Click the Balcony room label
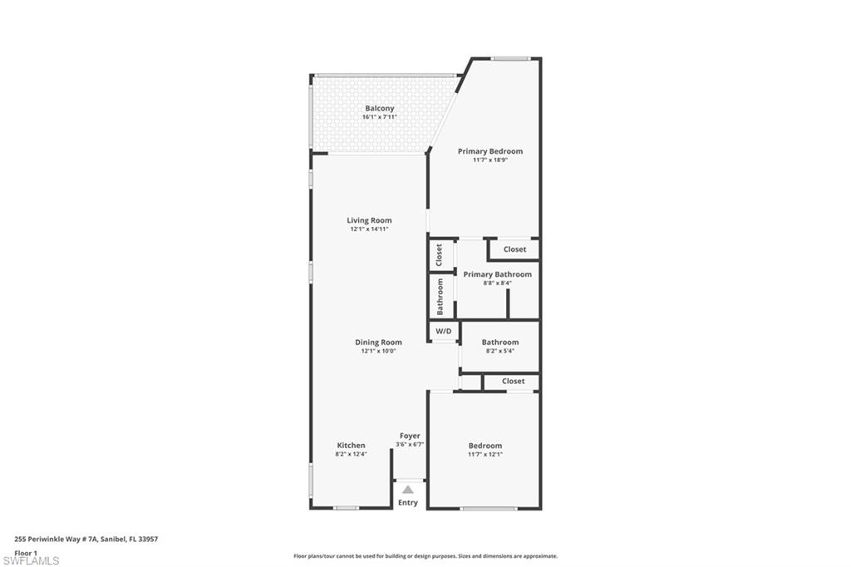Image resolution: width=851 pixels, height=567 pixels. point(379,108)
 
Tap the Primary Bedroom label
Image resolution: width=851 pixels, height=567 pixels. point(490,151)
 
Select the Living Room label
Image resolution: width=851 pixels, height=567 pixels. point(369,220)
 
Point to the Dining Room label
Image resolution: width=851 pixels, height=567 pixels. point(378,342)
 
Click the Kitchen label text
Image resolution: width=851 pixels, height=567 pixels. point(351,446)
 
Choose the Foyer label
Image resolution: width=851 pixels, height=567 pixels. point(410,436)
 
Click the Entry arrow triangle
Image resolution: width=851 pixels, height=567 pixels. point(408,491)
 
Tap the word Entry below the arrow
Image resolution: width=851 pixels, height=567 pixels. point(408,503)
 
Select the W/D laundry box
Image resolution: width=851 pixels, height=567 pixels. point(443,332)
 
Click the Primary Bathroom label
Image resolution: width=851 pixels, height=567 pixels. point(497,274)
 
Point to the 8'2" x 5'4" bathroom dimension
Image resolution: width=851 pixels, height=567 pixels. point(499,351)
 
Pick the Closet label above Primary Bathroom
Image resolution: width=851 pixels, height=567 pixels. point(514,249)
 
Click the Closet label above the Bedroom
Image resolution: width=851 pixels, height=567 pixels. point(513,382)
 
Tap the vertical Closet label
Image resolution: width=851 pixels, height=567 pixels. point(440,255)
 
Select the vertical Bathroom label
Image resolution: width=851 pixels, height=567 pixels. point(440,297)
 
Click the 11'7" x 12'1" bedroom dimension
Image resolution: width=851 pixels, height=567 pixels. point(485,455)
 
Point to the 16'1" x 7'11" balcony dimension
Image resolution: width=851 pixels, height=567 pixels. point(379,117)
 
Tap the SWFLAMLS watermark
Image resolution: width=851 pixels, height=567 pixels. point(32,560)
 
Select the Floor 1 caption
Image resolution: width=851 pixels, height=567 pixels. point(26,552)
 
